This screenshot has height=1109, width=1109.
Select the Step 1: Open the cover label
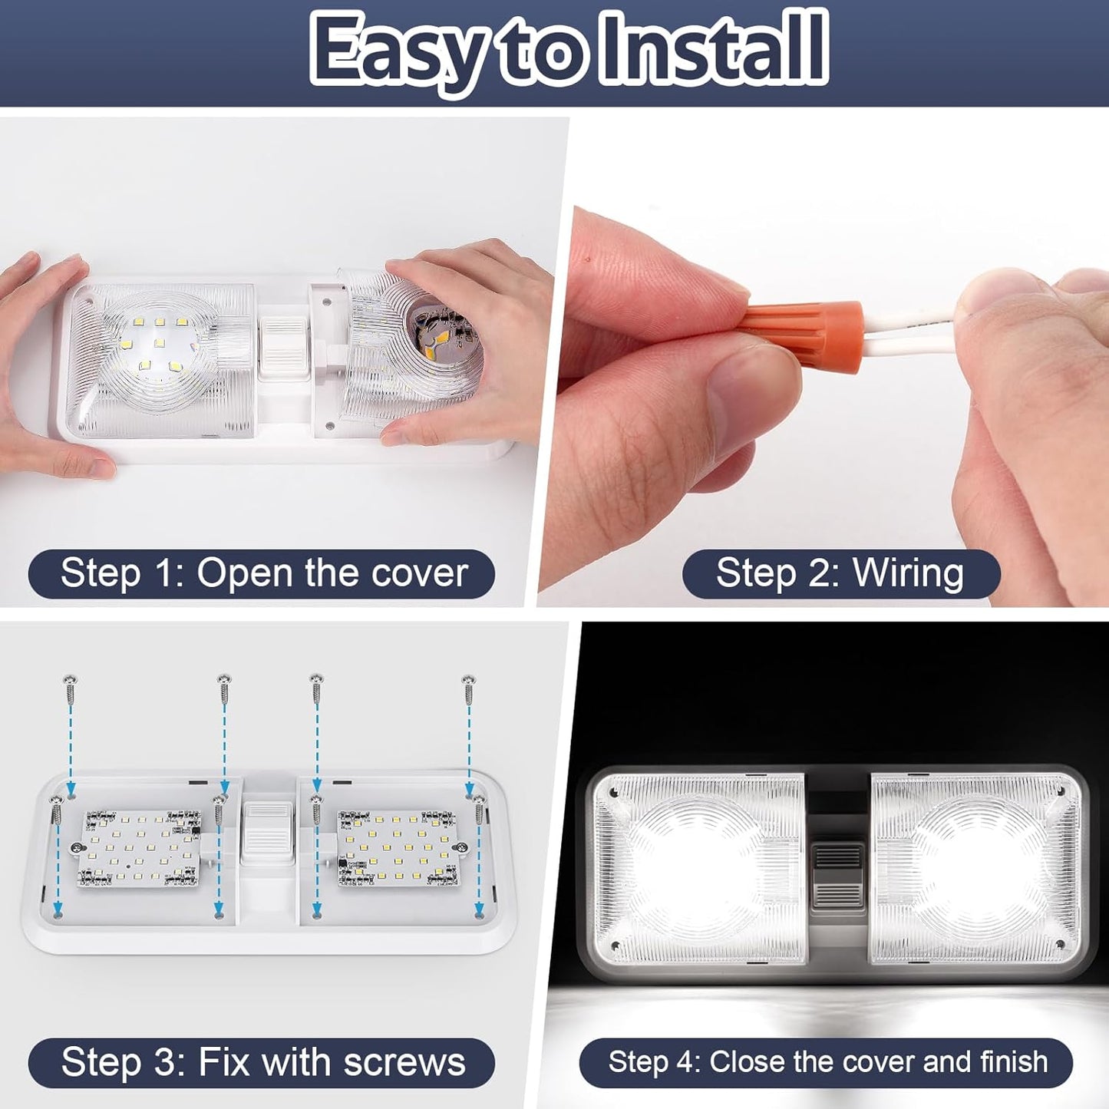[262, 573]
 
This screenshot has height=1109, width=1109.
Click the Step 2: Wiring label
[840, 573]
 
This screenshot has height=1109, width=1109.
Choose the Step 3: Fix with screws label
[262, 1062]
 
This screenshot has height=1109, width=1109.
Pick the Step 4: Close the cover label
[827, 1062]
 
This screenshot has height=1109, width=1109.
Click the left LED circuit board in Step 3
[140, 847]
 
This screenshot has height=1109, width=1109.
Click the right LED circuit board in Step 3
[398, 847]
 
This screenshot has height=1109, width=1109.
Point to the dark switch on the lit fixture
[837, 875]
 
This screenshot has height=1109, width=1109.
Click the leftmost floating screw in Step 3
[71, 688]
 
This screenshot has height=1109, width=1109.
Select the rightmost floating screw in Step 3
[468, 688]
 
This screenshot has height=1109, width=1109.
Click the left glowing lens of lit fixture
[695, 867]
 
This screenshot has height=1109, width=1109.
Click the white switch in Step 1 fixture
[282, 349]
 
